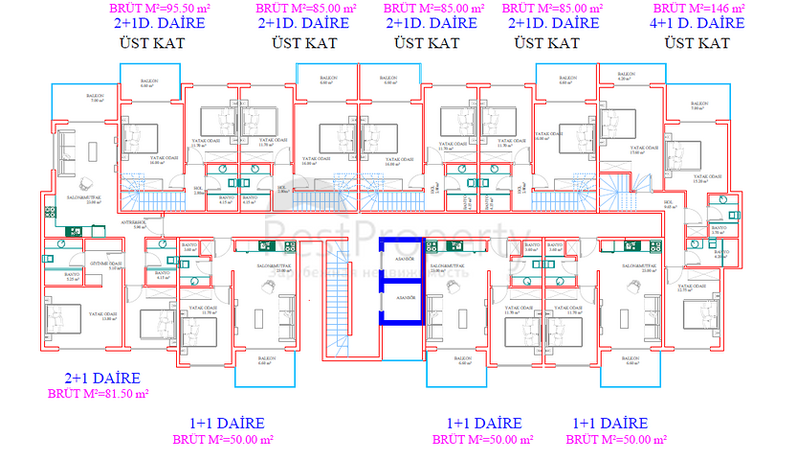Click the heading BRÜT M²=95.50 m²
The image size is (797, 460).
coord(159,9)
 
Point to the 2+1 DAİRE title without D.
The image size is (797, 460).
coord(103,379)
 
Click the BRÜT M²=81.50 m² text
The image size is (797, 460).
coord(100,393)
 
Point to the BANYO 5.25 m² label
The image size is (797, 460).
coord(72,277)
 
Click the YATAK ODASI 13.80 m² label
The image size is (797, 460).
coord(103,316)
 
